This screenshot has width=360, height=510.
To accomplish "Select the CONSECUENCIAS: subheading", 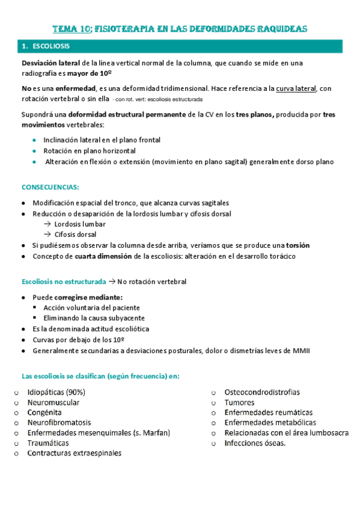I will tap(50, 187).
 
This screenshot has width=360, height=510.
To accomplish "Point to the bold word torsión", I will tap(297, 245).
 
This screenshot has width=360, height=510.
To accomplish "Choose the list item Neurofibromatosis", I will tap(59, 423).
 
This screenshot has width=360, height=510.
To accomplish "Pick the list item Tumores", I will tap(239, 403).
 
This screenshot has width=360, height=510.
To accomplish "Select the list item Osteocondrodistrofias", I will tap(262, 393).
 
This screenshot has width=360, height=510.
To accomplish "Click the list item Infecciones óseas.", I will tap(255, 443).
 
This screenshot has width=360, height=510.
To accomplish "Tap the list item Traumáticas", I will tap(48, 443).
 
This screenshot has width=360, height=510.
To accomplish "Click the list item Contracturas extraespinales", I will tap(74, 453).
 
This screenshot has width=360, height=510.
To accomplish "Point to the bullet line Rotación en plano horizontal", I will tap(89, 151).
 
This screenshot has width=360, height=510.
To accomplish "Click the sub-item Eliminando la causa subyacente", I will tap(94, 318).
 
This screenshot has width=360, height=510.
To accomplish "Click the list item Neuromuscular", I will tap(53, 403).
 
